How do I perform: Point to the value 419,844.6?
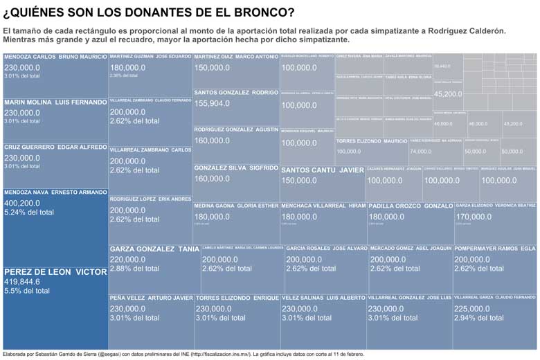tap(22, 282)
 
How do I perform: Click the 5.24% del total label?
tap(29, 213)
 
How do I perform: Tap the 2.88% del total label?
tap(134, 268)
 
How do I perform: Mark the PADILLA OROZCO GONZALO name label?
tap(411, 206)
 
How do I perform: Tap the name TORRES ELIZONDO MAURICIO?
tap(371, 141)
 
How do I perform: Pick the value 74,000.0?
tap(420, 151)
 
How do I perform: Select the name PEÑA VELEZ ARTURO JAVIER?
tap(151, 298)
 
